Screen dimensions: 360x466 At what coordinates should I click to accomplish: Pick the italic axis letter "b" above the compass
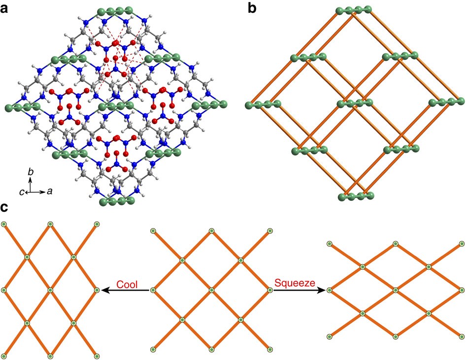coord(31,172)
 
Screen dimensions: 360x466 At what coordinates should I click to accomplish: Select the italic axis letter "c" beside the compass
coord(22,192)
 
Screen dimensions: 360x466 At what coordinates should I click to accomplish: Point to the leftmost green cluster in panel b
coord(264,103)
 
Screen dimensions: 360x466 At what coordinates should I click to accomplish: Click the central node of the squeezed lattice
coord(396,290)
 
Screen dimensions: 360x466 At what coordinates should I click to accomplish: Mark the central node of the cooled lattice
coord(50,290)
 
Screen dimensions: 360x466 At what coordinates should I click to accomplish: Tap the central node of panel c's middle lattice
coord(211,291)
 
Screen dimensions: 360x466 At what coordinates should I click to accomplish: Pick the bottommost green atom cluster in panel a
coord(117,201)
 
